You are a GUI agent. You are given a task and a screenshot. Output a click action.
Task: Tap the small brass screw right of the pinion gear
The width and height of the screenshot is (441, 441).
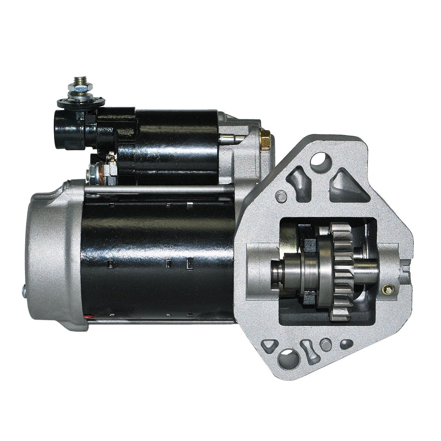[389, 288]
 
